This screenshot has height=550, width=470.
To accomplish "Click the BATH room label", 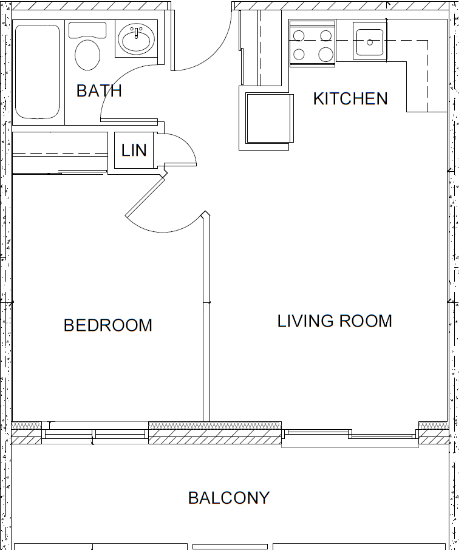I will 99,91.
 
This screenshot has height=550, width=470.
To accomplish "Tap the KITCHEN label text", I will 350,98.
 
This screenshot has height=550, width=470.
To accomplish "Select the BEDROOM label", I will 108,325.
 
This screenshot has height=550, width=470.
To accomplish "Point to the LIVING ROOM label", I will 335,321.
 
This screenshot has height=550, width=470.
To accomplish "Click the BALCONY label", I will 228,498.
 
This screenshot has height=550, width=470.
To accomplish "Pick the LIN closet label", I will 134,151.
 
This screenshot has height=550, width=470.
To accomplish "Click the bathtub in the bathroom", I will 37,72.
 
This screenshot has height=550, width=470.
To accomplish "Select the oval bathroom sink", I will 137,41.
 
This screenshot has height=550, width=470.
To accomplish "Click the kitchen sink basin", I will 369,42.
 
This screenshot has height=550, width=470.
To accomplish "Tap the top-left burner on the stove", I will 299,35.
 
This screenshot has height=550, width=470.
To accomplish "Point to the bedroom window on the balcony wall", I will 95,434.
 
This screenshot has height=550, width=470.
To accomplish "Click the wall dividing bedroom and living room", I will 206,322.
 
